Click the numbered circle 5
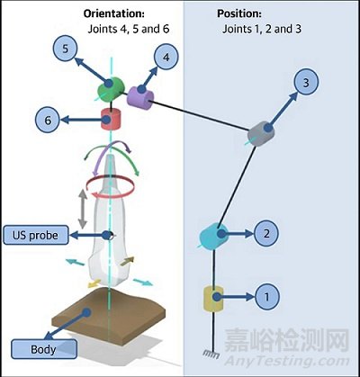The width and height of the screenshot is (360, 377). (65, 49)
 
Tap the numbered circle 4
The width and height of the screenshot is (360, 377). (166, 57)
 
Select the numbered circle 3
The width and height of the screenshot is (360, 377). (306, 83)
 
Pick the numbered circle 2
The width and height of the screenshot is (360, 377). (266, 234)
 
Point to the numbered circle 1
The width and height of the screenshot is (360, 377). (266, 297)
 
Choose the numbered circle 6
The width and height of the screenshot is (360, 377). (48, 121)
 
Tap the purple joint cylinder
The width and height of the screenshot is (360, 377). (140, 97)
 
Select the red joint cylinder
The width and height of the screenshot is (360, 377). (111, 120)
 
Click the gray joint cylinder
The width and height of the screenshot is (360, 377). (261, 134)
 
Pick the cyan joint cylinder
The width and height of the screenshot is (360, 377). (213, 237)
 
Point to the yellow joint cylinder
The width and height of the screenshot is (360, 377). (213, 299)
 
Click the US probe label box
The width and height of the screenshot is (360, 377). (36, 235)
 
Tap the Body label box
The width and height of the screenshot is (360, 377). (44, 349)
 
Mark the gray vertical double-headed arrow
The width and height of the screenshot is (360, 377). (83, 210)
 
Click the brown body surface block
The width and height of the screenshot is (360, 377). (109, 315)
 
